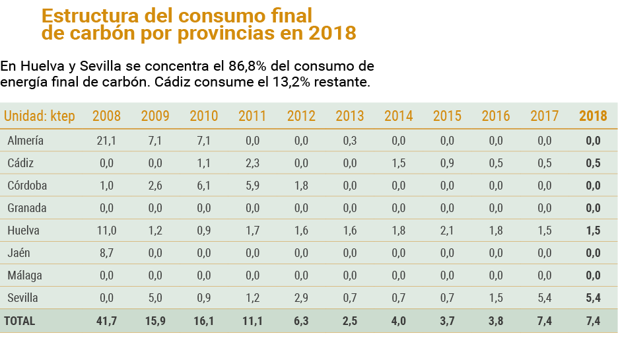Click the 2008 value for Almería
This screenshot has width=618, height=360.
pyautogui.click(x=106, y=141)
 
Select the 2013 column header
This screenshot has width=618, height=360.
pyautogui.click(x=349, y=116)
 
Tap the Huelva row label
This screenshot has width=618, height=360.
pyautogui.click(x=23, y=231)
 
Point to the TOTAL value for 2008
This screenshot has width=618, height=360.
pyautogui.click(x=106, y=321)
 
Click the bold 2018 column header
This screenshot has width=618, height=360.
pyautogui.click(x=592, y=116)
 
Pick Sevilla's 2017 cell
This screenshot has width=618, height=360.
pyautogui.click(x=544, y=298)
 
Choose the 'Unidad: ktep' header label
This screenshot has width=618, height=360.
pyautogui.click(x=40, y=116)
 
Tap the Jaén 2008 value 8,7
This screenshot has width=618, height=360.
pyautogui.click(x=106, y=253)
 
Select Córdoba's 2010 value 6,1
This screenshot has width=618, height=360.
pyautogui.click(x=203, y=186)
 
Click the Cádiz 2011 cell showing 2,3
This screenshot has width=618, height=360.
pyautogui.click(x=252, y=163)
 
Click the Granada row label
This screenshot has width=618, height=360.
pyautogui.click(x=27, y=208)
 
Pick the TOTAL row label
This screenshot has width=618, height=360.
pyautogui.click(x=20, y=321)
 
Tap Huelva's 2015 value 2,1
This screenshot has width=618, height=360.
pyautogui.click(x=447, y=231)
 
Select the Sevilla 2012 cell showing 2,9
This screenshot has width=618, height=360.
pyautogui.click(x=301, y=298)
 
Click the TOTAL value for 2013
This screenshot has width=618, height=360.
pyautogui.click(x=349, y=321)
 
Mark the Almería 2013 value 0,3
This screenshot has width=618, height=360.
pyautogui.click(x=349, y=141)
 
